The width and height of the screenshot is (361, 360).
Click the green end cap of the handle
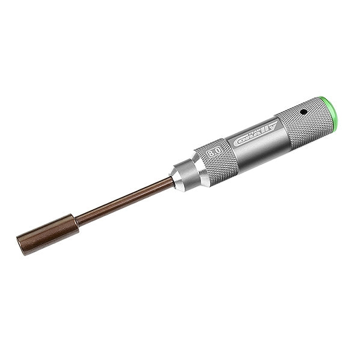pyautogui.click(x=330, y=112)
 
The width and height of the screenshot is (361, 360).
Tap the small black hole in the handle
pyautogui.click(x=304, y=112)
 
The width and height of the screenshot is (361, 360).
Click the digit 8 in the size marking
pyautogui.click(x=211, y=154)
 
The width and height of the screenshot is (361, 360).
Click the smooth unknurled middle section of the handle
pyautogui.click(x=259, y=144)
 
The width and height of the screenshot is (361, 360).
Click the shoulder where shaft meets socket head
pyautogui.click(x=77, y=222)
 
